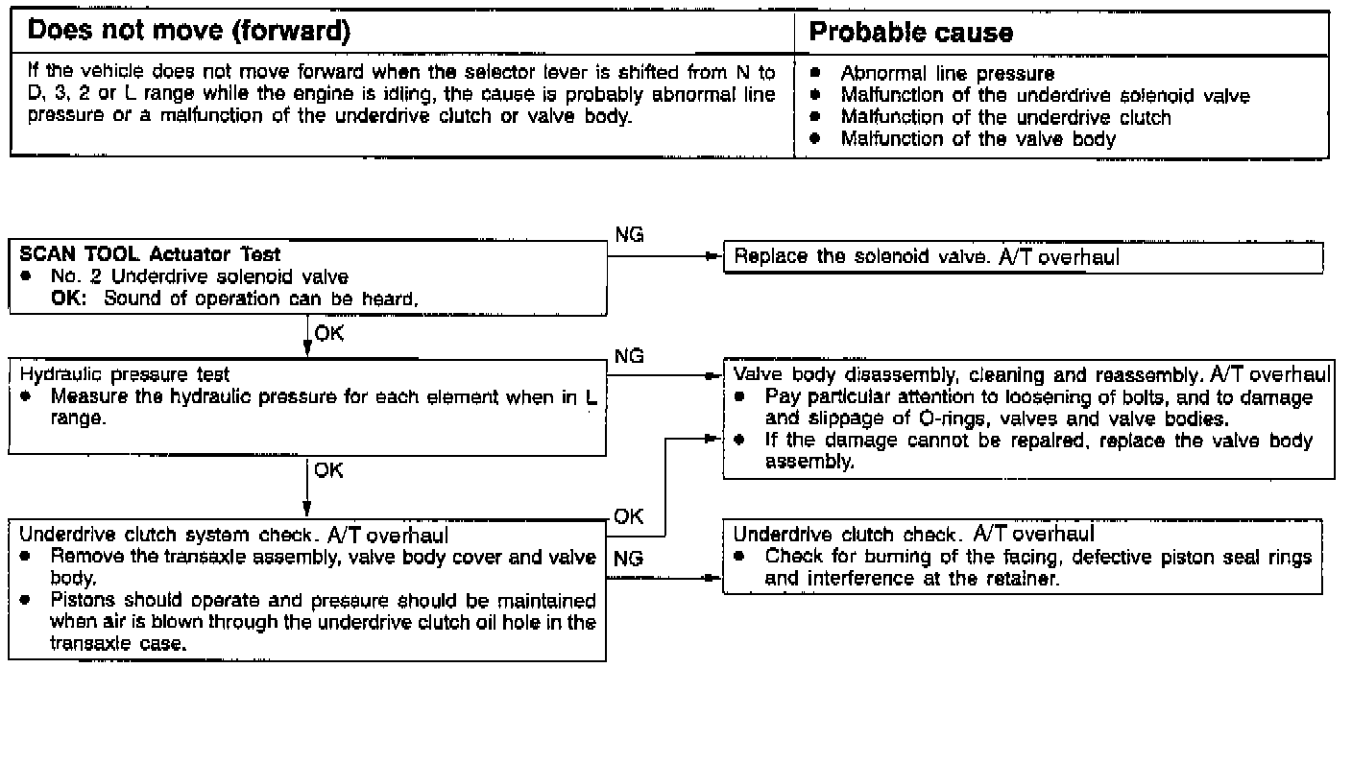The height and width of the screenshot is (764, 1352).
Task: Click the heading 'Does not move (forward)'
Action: pos(188,32)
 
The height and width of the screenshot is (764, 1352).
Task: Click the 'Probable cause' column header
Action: pos(911,33)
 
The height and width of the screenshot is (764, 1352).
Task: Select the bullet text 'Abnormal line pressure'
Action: pos(947,74)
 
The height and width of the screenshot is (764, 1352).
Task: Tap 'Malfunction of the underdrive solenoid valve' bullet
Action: pos(1045,96)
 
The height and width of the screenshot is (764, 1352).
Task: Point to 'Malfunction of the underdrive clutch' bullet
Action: pos(1005,118)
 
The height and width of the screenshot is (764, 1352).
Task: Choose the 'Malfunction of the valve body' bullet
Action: pos(978,139)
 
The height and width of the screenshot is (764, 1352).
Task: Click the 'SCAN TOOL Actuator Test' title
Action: pos(151,255)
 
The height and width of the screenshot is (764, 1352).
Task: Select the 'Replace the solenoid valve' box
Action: pos(1023,257)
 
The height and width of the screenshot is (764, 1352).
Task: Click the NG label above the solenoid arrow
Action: pos(629,235)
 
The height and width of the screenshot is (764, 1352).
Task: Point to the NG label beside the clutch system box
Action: pos(629,558)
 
